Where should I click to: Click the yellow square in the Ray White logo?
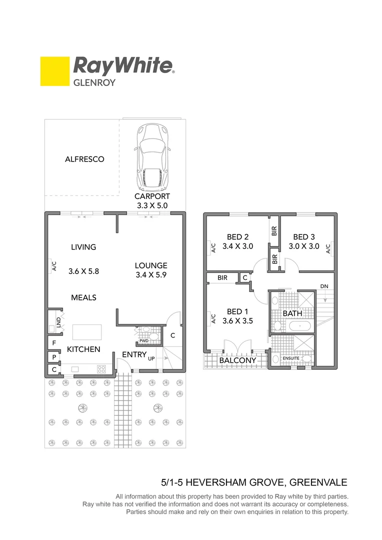pos(54,71)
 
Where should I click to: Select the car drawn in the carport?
pos(153,155)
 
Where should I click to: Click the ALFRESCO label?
pos(84,159)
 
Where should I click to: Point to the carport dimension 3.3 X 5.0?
pos(152,205)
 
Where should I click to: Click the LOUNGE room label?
pos(151,265)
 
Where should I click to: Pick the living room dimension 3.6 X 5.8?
pos(83,271)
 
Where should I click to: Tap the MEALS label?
pos(83,297)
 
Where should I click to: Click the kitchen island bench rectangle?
pos(87,332)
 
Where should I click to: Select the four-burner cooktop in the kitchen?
pos(101,369)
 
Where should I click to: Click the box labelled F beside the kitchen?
pos(53,343)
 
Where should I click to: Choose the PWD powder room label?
pos(144,341)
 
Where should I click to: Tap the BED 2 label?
pos(238,237)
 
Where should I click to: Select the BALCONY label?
pos(237,360)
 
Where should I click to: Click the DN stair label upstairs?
pos(324,286)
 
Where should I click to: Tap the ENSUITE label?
pos(291,358)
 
